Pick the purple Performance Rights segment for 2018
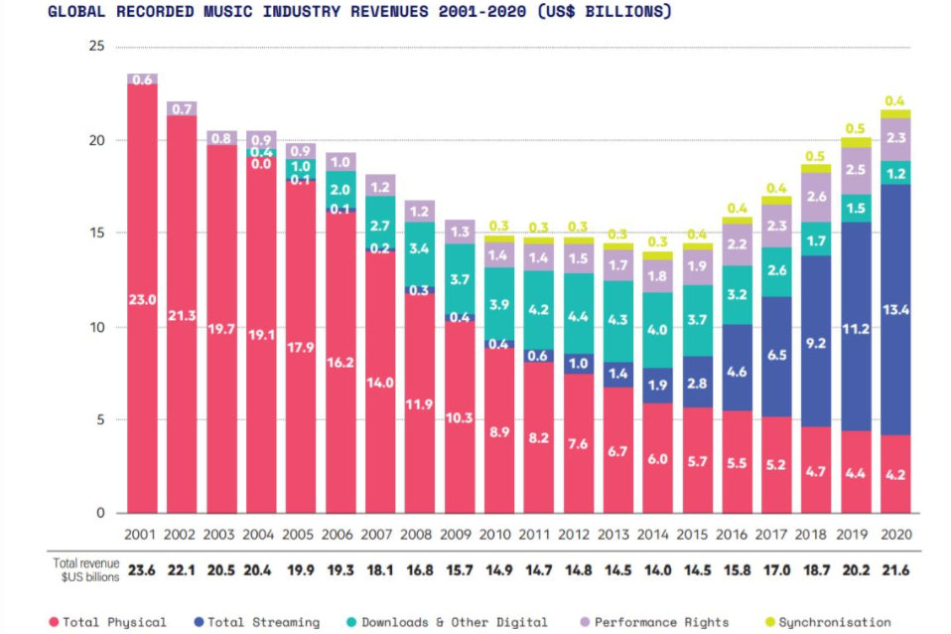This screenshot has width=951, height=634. pyautogui.click(x=816, y=197)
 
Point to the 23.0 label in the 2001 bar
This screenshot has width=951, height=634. pyautogui.click(x=142, y=299)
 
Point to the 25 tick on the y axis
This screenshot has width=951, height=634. pyautogui.click(x=95, y=47)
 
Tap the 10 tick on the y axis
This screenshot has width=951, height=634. pyautogui.click(x=95, y=327)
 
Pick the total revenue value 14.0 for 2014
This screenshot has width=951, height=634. pyautogui.click(x=657, y=569)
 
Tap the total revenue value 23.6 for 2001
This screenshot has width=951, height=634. pyautogui.click(x=142, y=569)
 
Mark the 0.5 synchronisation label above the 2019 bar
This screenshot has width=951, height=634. pyautogui.click(x=856, y=128)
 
